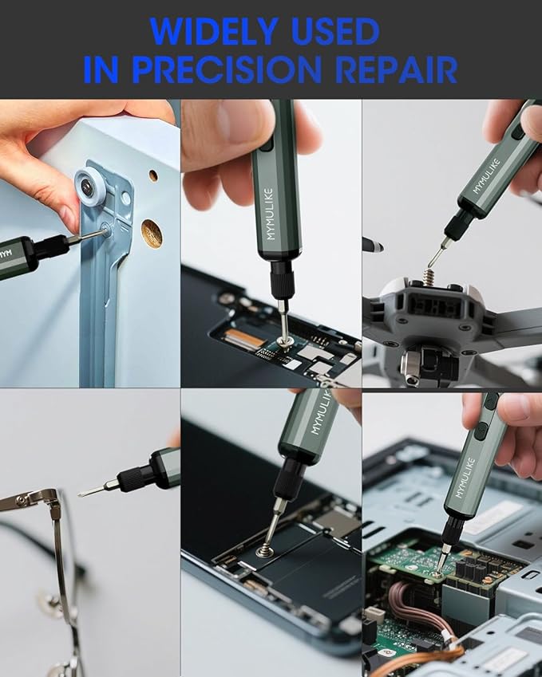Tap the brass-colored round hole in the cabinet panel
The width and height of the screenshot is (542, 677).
click(152, 232)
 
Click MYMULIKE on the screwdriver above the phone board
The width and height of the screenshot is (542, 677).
click(269, 211)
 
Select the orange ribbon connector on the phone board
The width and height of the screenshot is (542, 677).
click(248, 338)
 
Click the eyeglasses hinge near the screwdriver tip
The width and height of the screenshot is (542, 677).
click(49, 501)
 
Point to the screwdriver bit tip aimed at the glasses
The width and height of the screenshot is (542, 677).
click(83, 494)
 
